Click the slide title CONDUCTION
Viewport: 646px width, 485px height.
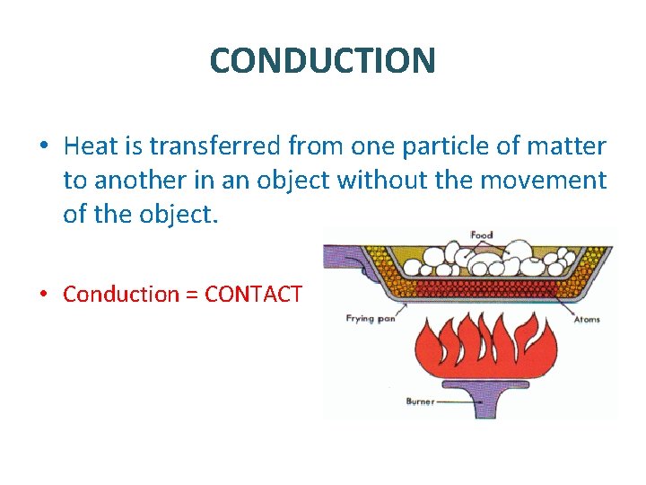click(x=323, y=60)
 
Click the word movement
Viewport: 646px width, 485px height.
click(x=544, y=181)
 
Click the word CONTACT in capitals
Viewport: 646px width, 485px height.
click(x=255, y=294)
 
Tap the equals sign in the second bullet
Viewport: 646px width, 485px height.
click(x=192, y=295)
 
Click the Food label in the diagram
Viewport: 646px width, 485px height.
click(x=482, y=235)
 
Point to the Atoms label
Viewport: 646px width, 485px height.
click(x=587, y=319)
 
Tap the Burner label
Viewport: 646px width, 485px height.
click(x=421, y=401)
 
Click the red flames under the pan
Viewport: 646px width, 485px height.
click(x=476, y=346)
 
